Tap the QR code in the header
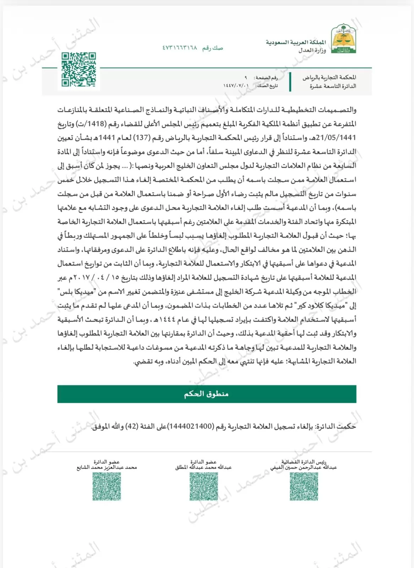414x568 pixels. coord(78,70)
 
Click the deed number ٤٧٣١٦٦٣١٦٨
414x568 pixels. coord(180,48)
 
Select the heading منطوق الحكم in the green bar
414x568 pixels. coord(206,394)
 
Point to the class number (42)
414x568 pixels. coord(132,426)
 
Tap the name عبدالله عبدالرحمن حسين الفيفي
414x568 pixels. coord(303,468)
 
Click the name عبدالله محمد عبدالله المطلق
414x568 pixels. coord(203,468)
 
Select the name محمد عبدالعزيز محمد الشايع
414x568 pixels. coord(107,468)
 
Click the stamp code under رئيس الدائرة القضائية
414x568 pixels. coord(304,486)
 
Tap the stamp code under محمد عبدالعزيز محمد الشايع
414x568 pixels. coord(107,486)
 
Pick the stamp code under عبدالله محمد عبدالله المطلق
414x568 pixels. coord(203,486)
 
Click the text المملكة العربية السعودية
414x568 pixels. coord(296,42)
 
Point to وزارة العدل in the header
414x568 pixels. coord(312,50)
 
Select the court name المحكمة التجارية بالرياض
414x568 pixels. coord(329,77)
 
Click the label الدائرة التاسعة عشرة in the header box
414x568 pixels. coord(333,86)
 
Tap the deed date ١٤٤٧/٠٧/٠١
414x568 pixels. coord(236,86)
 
